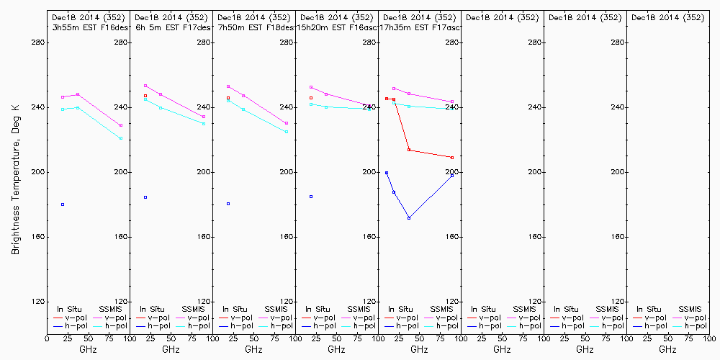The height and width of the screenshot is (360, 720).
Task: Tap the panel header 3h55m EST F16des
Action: (90, 27)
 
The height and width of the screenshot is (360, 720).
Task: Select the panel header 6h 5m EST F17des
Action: (173, 27)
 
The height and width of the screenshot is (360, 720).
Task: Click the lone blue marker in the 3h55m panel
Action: (63, 204)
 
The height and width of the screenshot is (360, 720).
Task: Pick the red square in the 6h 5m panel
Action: (145, 96)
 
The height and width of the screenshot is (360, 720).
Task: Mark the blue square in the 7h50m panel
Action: (228, 204)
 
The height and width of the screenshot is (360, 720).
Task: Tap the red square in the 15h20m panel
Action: (311, 98)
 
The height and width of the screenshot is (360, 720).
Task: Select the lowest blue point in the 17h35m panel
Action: (409, 218)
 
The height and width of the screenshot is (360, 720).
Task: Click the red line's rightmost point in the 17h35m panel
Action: (452, 158)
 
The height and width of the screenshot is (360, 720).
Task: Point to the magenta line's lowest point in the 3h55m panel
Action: (121, 125)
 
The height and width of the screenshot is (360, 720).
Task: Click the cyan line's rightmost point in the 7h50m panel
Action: (287, 132)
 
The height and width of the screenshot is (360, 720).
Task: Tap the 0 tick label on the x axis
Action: (47, 338)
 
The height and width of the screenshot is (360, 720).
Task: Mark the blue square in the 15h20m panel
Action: (311, 197)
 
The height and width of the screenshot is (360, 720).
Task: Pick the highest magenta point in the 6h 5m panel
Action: (145, 86)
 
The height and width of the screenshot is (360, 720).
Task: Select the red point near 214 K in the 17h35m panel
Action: (409, 150)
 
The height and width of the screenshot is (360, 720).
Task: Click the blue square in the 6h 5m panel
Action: (145, 197)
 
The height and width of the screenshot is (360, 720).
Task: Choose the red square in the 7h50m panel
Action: (228, 98)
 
